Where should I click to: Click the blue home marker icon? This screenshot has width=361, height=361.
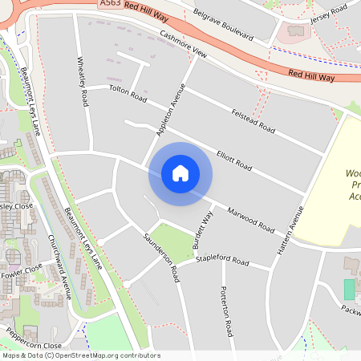(180, 172)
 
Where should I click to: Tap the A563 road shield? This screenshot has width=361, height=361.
(112, 5)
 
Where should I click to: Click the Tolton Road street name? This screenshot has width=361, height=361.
(128, 94)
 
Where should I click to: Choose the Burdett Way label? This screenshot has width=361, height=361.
(207, 230)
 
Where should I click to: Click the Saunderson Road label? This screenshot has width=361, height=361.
(160, 256)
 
